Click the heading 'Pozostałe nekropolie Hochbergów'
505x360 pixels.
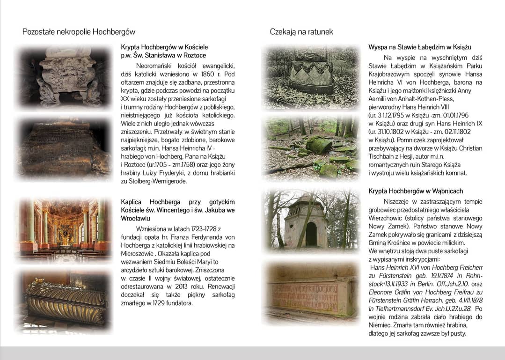(79, 32)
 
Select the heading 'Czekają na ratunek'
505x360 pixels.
(301, 32)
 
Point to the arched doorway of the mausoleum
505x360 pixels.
(311, 234)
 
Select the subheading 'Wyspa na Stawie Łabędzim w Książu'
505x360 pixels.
(419, 47)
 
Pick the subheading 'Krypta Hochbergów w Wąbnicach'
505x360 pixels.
(416, 191)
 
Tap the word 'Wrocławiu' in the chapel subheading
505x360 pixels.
(135, 218)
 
